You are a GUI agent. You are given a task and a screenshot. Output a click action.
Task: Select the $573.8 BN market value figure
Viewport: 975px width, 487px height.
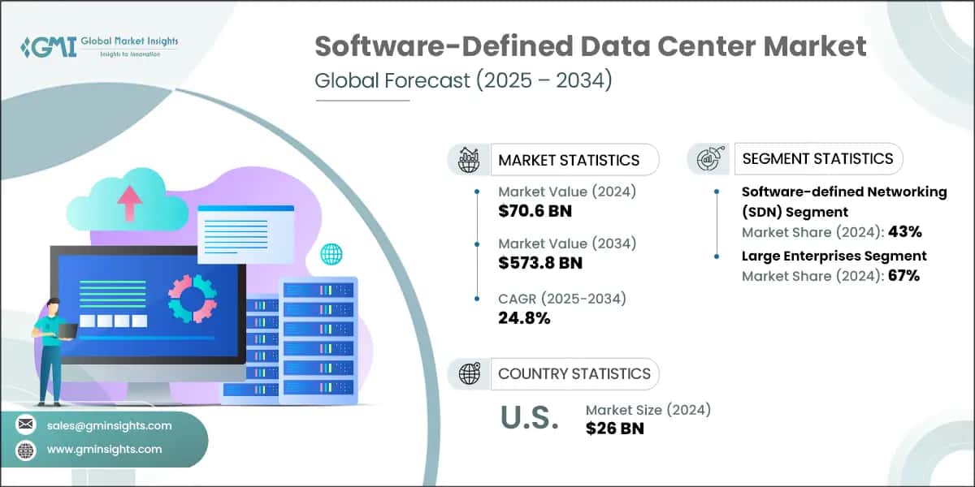click(539, 262)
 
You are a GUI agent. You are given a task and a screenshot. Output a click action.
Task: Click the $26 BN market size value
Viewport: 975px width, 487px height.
click(614, 428)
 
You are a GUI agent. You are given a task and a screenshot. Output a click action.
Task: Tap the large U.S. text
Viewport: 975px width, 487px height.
click(529, 418)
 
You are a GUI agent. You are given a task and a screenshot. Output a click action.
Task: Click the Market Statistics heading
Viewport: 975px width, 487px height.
click(569, 160)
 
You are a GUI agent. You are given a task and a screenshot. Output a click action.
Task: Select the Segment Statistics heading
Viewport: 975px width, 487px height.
click(817, 159)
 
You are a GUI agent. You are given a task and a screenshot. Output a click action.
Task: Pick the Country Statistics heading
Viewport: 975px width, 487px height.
click(574, 373)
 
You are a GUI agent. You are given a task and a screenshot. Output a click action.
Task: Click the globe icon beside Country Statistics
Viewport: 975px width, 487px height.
click(469, 373)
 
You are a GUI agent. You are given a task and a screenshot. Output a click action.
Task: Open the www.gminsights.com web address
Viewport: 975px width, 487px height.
click(104, 449)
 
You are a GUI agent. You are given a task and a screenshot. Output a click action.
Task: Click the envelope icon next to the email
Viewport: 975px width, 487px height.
click(27, 425)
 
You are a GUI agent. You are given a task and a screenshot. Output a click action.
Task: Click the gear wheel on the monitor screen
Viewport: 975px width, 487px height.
click(193, 298)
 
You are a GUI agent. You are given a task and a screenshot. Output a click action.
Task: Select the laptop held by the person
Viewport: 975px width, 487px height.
click(67, 330)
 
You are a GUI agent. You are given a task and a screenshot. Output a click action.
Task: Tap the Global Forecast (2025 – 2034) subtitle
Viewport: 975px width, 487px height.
click(462, 82)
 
